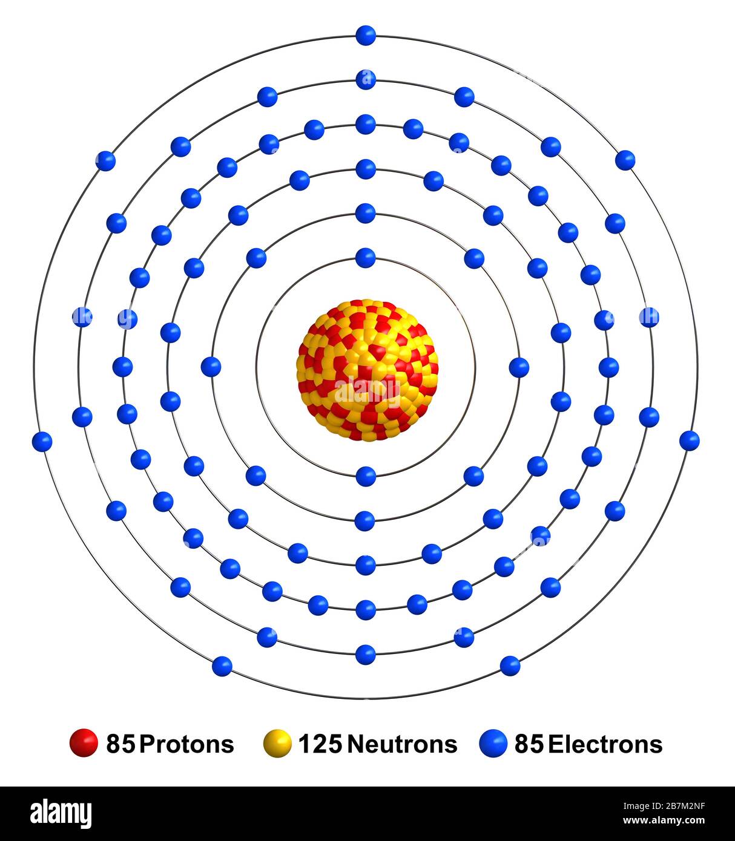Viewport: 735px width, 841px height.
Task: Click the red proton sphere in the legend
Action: point(84,743)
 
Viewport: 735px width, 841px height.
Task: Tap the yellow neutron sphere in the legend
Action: point(278,744)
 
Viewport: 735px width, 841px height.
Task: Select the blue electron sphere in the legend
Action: point(493,744)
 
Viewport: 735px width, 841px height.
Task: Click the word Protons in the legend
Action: point(186,744)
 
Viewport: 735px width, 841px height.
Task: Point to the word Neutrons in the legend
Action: point(402,744)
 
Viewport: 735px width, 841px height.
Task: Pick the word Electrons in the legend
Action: point(605,744)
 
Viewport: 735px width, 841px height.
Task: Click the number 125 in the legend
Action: point(321,744)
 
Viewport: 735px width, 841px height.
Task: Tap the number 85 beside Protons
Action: point(120,744)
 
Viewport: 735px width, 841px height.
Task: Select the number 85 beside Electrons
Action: point(529,744)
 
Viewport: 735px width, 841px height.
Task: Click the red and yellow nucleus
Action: point(367,370)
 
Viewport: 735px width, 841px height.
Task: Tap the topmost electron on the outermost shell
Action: point(366,35)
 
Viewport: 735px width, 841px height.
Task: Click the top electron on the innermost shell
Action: point(366,258)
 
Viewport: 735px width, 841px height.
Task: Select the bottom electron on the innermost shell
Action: point(366,476)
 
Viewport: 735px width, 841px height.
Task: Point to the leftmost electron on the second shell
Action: point(211,366)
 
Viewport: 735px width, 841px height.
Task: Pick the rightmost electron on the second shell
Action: point(519,367)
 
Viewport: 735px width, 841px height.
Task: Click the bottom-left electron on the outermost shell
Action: point(222,666)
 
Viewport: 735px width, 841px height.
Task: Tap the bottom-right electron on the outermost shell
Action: point(510,666)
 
